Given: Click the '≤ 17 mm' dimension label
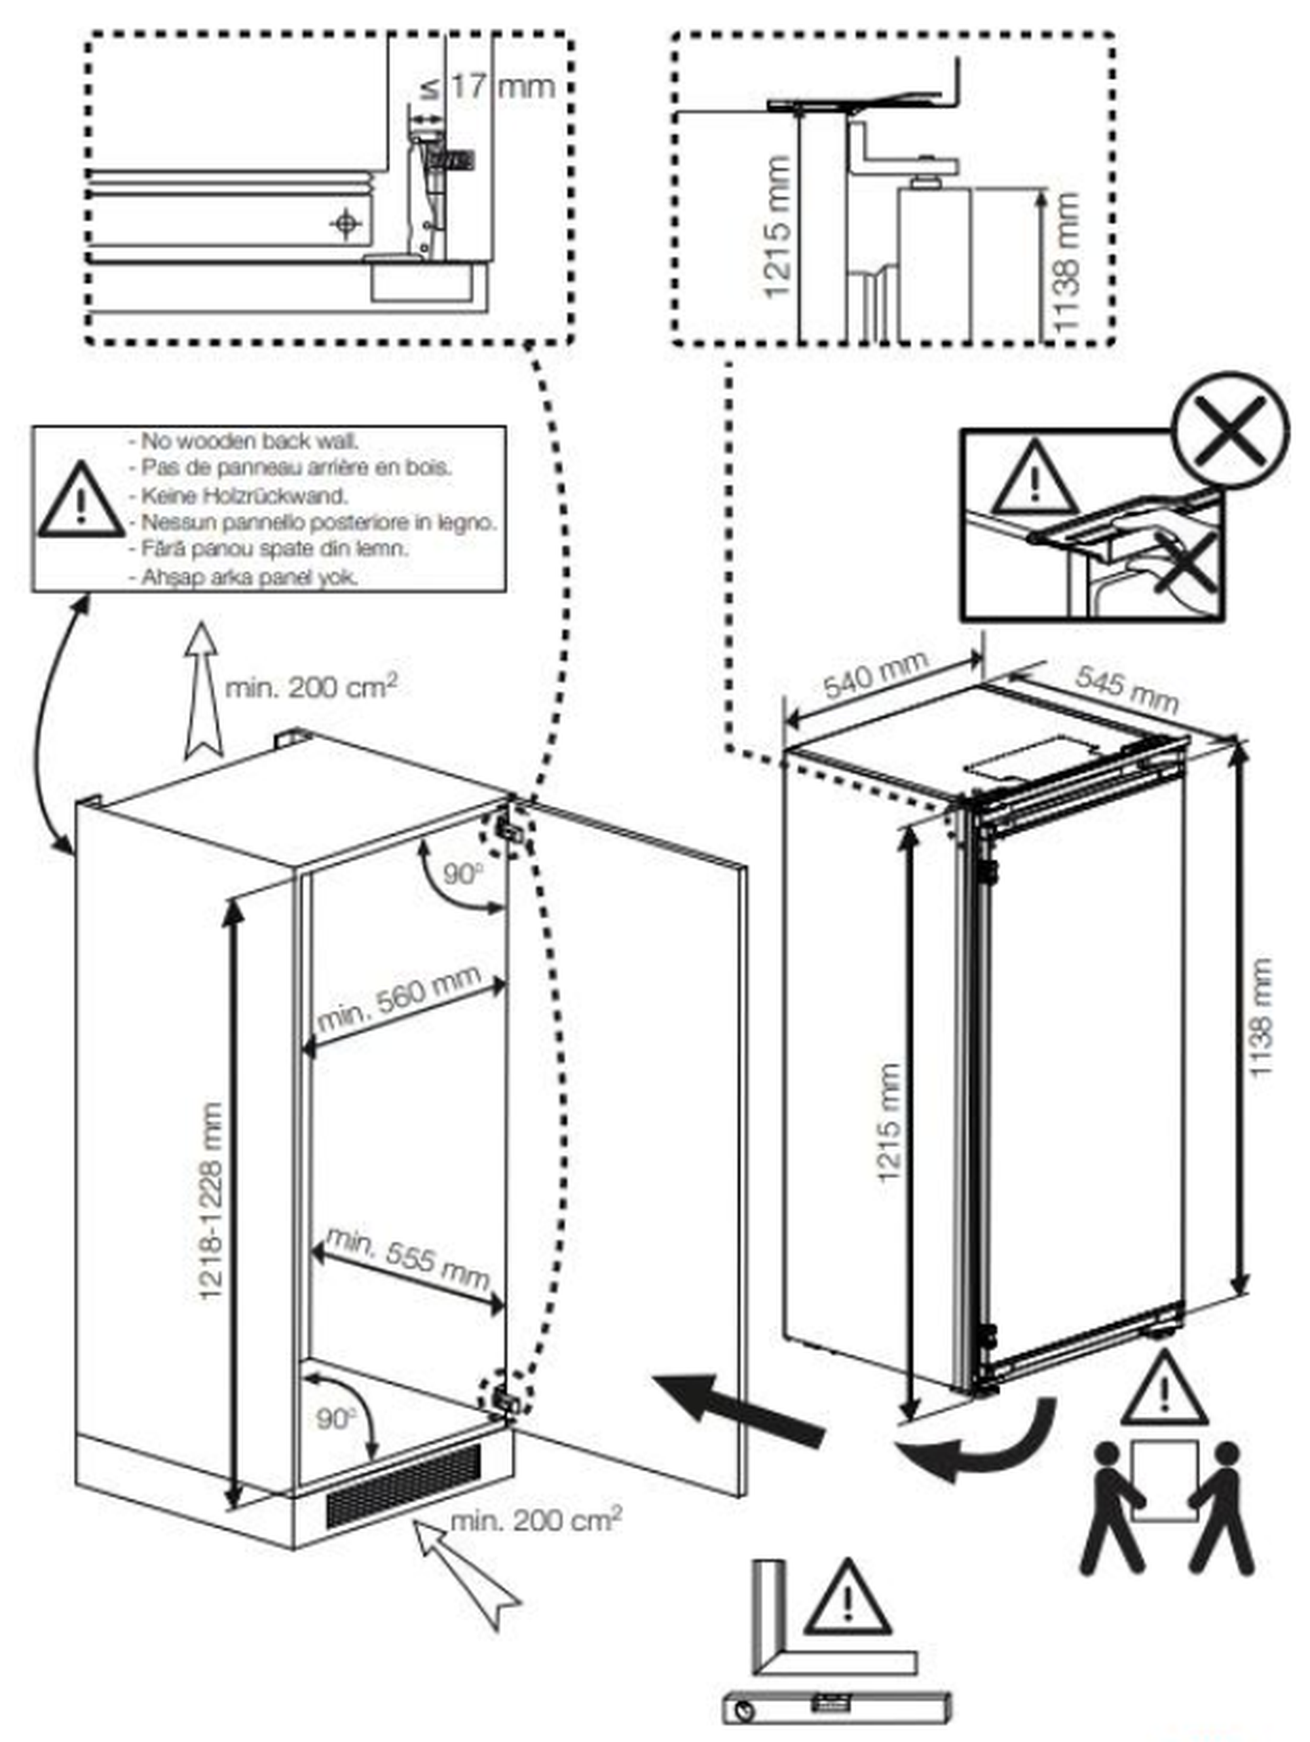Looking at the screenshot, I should (489, 86).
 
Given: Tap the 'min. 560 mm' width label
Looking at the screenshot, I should (400, 997).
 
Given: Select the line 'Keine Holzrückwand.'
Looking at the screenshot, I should (244, 496).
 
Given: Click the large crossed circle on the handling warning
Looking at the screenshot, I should (1229, 431).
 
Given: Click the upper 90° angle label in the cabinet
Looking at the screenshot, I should (462, 873).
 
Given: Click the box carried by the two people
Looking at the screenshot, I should (1165, 1479).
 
